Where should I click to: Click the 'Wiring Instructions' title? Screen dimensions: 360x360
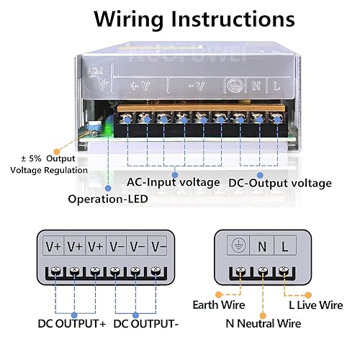click(194, 19)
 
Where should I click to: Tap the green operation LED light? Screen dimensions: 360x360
click(109, 130)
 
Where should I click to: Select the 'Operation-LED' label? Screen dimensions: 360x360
click(108, 199)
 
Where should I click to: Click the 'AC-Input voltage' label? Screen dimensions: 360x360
click(173, 182)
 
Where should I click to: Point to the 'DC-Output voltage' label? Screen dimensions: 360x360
click(280, 183)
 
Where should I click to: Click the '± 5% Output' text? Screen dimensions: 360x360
click(48, 158)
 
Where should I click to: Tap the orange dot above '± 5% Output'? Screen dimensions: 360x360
click(57, 152)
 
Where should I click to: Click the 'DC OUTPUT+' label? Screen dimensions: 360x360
click(72, 323)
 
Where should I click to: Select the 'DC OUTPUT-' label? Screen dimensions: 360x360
click(145, 323)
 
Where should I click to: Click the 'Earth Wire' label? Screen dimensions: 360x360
click(219, 305)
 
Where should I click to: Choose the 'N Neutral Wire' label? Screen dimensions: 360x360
click(264, 323)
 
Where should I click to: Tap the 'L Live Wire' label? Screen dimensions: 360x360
click(316, 305)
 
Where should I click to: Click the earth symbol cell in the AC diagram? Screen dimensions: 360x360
click(238, 246)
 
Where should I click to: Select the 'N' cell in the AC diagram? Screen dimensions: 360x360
click(261, 246)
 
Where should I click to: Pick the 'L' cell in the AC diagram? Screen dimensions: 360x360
click(285, 246)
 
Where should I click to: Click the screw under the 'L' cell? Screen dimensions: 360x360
click(284, 271)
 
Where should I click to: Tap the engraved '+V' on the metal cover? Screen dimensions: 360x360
click(140, 86)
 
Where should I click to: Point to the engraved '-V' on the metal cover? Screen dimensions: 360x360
click(197, 86)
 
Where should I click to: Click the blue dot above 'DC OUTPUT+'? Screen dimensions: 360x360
click(74, 315)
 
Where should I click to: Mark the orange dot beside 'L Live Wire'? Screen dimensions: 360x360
click(308, 295)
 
